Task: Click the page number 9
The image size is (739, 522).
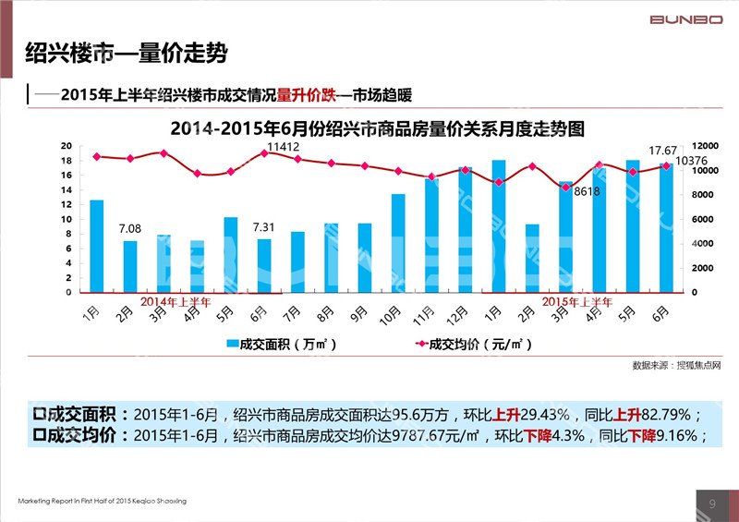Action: pos(712,502)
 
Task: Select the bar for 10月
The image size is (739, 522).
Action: pos(398,243)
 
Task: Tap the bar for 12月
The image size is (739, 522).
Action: pos(466,229)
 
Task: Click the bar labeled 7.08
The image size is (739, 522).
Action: pos(130,266)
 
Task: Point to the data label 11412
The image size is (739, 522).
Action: pos(283,147)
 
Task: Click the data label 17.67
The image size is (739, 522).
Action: pos(662,151)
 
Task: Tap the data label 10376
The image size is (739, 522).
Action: pos(692,162)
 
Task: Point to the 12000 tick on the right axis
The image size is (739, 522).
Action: pos(707,146)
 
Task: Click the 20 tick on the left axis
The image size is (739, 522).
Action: pos(66,146)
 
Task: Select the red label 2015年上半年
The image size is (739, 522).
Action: pos(577,301)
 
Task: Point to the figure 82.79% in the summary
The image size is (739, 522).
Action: pos(664,414)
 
